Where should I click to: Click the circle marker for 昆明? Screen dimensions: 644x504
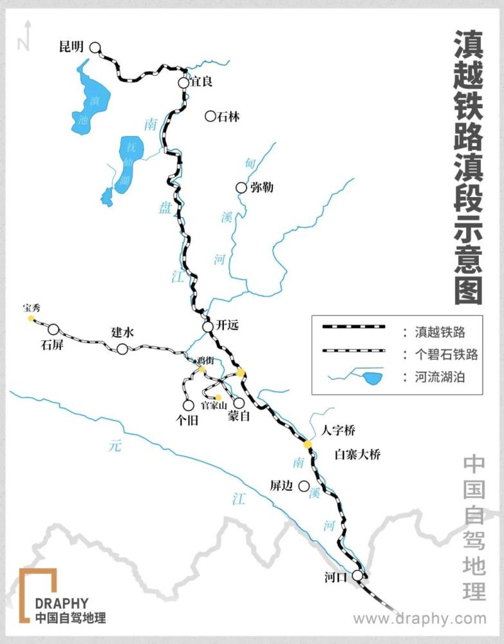(95, 47)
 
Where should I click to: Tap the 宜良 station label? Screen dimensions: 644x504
(201, 82)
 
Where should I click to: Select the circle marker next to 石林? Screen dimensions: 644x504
(210, 116)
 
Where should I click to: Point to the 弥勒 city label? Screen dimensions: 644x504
(262, 187)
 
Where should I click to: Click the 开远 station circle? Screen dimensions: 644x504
(208, 327)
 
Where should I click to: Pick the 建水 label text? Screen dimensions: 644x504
(122, 333)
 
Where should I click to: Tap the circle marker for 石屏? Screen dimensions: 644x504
(53, 329)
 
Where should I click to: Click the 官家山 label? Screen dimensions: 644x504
(214, 406)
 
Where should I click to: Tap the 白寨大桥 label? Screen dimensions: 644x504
(358, 455)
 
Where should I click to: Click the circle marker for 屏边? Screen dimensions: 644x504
(304, 486)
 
